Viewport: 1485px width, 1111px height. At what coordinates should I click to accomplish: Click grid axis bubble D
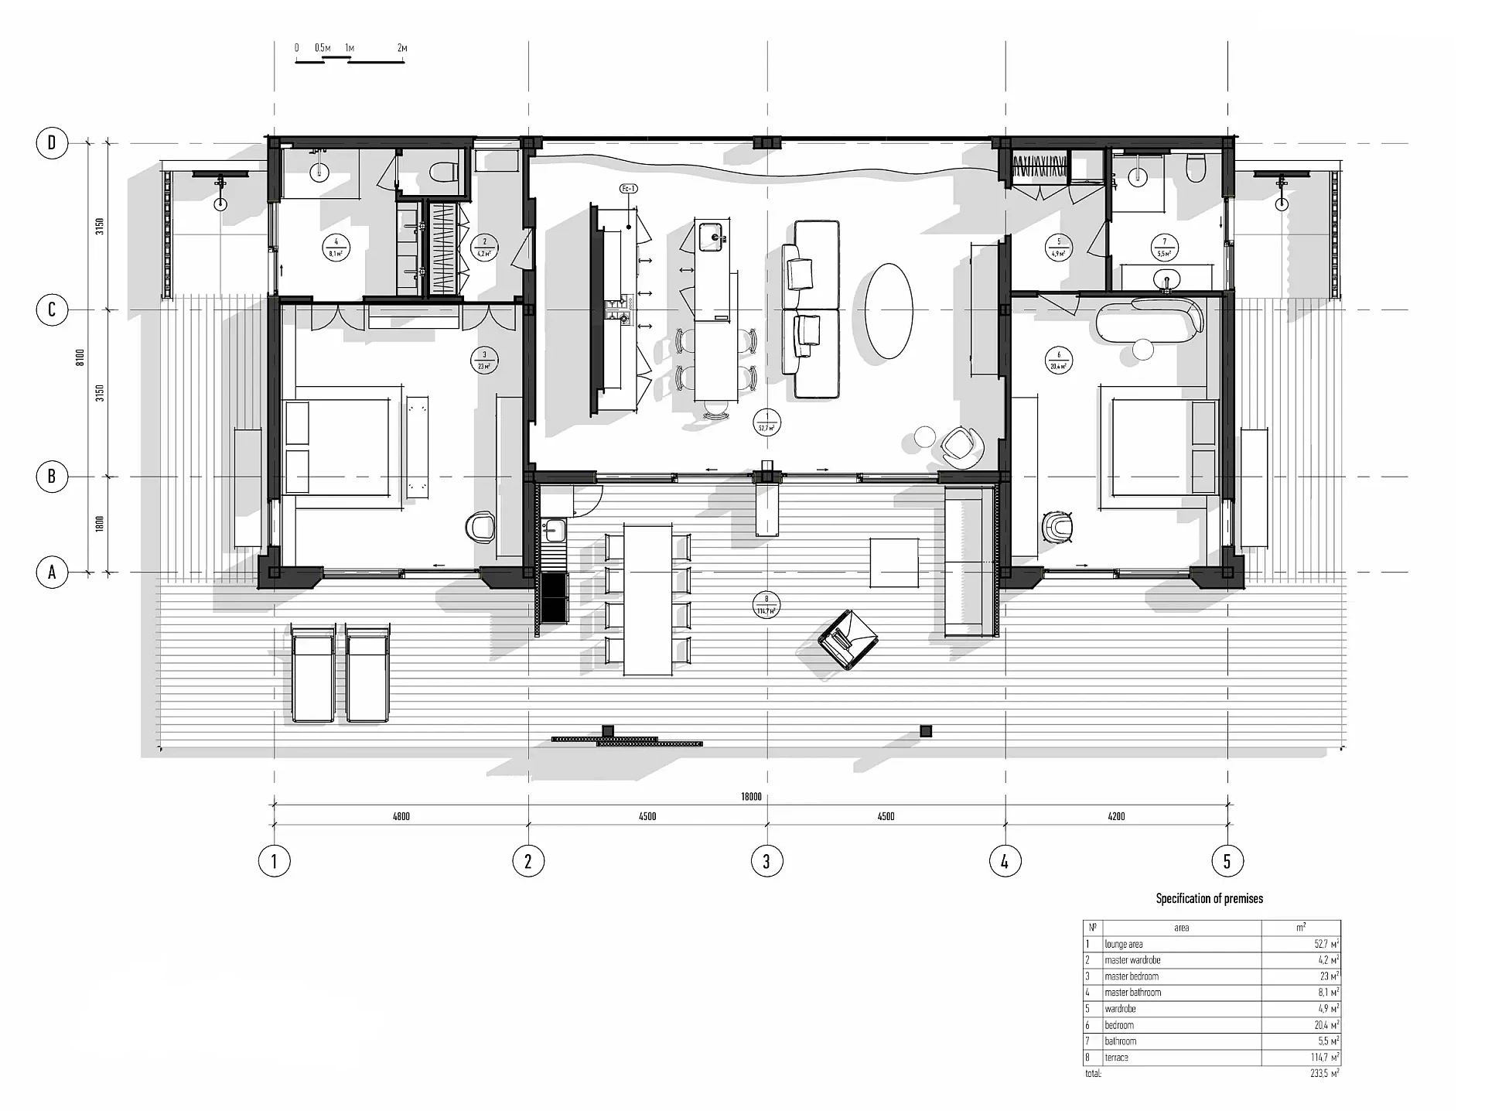(x=52, y=143)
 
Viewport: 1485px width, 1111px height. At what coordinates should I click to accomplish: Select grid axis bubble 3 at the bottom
(x=766, y=861)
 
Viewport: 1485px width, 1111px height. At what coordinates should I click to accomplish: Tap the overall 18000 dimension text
(x=751, y=797)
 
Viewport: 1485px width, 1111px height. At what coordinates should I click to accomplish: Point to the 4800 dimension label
(x=401, y=816)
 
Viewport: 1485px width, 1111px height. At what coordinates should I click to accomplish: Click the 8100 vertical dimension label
(x=80, y=357)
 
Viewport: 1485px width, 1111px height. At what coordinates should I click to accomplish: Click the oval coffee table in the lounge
(x=889, y=311)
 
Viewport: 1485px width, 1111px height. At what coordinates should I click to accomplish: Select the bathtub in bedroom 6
(x=1149, y=320)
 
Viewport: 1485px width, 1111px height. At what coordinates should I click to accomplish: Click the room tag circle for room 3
(x=484, y=361)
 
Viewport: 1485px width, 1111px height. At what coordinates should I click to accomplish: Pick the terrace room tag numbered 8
(x=766, y=605)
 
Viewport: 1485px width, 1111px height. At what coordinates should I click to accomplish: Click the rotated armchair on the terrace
(x=848, y=638)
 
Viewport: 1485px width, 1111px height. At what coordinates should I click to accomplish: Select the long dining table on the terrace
(x=648, y=600)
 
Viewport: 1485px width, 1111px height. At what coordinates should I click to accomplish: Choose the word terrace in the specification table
(x=1116, y=1058)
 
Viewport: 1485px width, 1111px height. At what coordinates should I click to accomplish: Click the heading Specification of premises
(x=1209, y=898)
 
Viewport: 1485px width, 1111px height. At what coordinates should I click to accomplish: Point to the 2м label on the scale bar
(x=402, y=48)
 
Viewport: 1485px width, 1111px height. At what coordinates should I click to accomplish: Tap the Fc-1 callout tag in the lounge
(x=629, y=189)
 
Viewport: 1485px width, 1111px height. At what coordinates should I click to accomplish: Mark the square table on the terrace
(x=894, y=563)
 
